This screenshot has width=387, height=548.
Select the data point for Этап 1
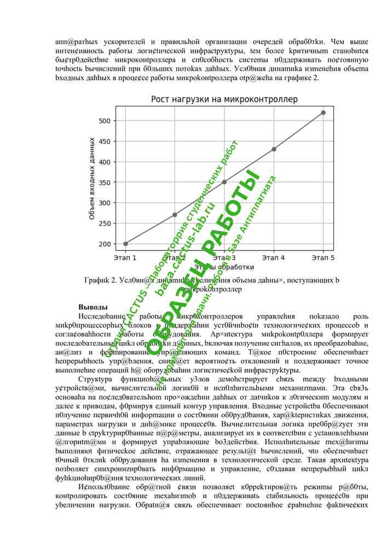click(125, 244)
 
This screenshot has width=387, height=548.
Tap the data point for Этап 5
click(323, 112)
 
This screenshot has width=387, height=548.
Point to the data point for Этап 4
click(274, 149)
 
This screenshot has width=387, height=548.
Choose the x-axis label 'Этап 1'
click(125, 257)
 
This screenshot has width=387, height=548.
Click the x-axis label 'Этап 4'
click(274, 257)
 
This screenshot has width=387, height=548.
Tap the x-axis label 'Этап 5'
click(323, 257)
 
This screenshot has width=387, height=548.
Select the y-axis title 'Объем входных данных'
click(92, 179)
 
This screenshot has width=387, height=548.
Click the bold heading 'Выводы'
click(93, 307)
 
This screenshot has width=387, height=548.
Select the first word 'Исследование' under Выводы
click(102, 317)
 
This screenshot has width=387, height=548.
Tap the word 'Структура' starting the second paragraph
click(95, 379)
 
